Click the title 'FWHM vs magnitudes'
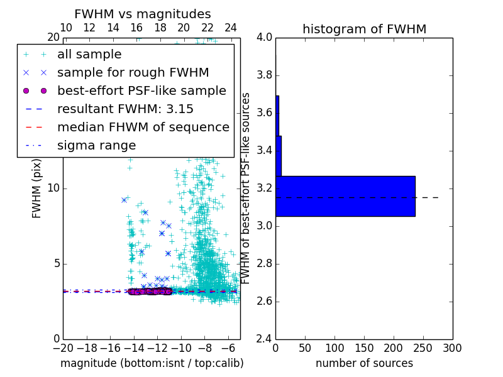pos(143,14)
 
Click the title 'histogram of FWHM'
pos(364,29)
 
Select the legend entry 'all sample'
pos(89,55)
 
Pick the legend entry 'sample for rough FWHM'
pos(133,73)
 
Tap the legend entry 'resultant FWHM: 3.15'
pos(125,109)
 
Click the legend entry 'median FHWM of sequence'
pos(143,128)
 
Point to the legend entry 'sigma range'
pos(96,146)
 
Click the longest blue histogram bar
pos(345,196)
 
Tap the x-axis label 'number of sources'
pos(364,363)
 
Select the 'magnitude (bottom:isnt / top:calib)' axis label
pos(152,363)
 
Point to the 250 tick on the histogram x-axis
pos(423,347)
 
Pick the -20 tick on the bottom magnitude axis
pos(63,347)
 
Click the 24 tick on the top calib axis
pos(231,28)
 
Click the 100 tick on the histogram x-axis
pos(334,347)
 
